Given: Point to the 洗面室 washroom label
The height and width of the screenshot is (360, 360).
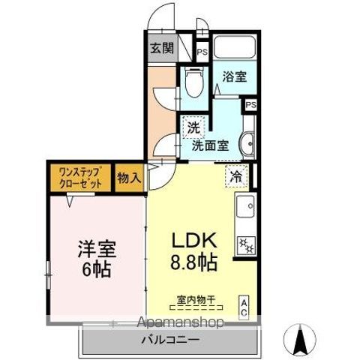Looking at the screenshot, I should point(209,145).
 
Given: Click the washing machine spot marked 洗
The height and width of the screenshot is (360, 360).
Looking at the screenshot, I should point(193,127).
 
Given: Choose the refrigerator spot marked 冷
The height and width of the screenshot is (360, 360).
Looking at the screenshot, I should point(235,177).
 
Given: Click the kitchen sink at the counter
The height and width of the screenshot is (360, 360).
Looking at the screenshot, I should point(247,205).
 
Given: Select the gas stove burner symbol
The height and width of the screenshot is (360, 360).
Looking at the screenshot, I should point(245,244).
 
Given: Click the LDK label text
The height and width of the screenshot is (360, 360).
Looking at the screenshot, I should point(195,241).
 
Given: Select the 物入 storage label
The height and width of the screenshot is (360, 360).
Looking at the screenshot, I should point(129,178).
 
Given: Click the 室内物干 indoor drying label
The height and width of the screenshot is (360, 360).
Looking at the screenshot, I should point(196,300).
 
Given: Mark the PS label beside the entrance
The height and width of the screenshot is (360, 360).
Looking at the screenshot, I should point(202,52).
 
